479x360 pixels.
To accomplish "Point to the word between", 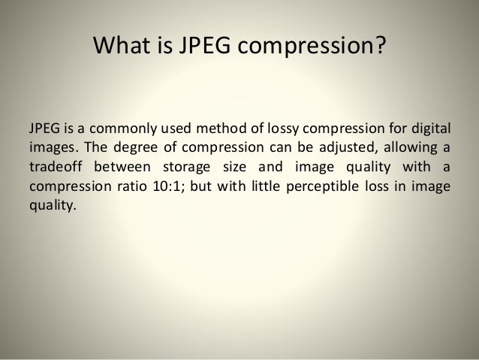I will click(x=125, y=165).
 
